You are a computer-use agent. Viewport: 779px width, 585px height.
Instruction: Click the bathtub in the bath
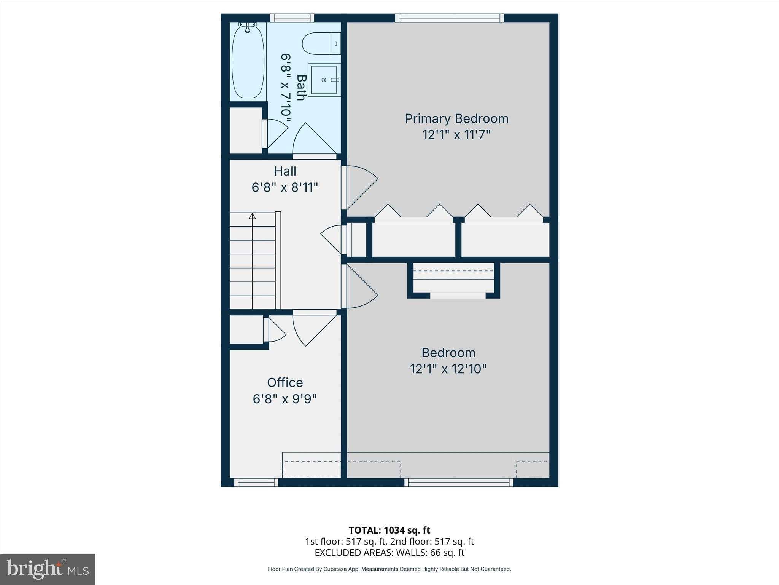[x=248, y=61]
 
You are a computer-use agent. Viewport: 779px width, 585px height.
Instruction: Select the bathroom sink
[x=324, y=80]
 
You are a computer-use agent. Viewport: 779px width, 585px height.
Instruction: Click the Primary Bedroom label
[x=456, y=118]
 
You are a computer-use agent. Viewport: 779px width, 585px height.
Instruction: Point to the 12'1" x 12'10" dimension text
[x=448, y=369]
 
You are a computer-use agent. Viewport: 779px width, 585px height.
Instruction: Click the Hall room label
[x=285, y=171]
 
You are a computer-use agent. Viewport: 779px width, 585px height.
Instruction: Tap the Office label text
[x=285, y=382]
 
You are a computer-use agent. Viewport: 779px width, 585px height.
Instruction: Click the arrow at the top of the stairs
[x=252, y=216]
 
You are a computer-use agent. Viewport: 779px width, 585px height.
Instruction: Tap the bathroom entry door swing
[x=312, y=141]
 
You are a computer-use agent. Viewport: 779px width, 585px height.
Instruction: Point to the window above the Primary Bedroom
[x=449, y=18]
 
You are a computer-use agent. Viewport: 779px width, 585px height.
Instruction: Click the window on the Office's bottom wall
[x=256, y=483]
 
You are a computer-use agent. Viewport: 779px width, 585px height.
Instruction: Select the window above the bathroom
[x=292, y=18]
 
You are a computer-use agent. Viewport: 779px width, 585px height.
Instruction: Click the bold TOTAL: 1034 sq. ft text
[x=389, y=530]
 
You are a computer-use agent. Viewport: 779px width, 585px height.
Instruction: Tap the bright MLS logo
[x=47, y=569]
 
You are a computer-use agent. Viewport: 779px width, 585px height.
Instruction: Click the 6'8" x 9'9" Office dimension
[x=285, y=399]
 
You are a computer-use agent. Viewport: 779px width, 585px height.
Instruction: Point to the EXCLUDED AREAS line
[x=389, y=553]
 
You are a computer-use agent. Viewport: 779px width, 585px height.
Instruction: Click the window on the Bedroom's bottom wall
[x=458, y=483]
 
